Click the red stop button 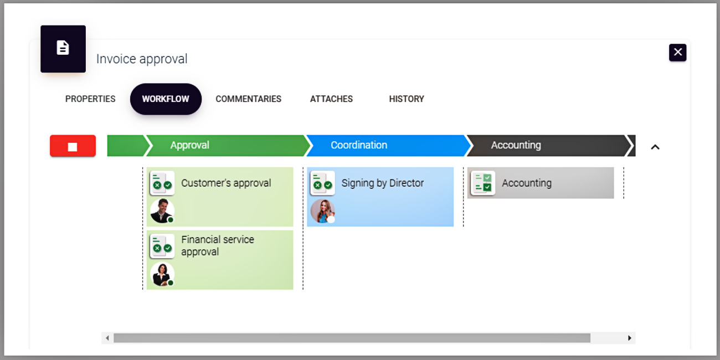[x=73, y=146]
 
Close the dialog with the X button [x=677, y=53]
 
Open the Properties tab [x=90, y=99]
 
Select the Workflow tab [x=166, y=99]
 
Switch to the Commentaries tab [x=249, y=99]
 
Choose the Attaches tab [x=331, y=99]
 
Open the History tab [x=407, y=99]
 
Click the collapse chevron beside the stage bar [x=655, y=147]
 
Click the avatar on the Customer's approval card [x=162, y=211]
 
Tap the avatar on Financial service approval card [x=162, y=274]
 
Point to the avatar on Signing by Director [x=323, y=211]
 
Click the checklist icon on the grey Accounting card [x=483, y=183]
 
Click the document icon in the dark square [x=63, y=48]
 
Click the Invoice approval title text [x=142, y=59]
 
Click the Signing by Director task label [x=383, y=183]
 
